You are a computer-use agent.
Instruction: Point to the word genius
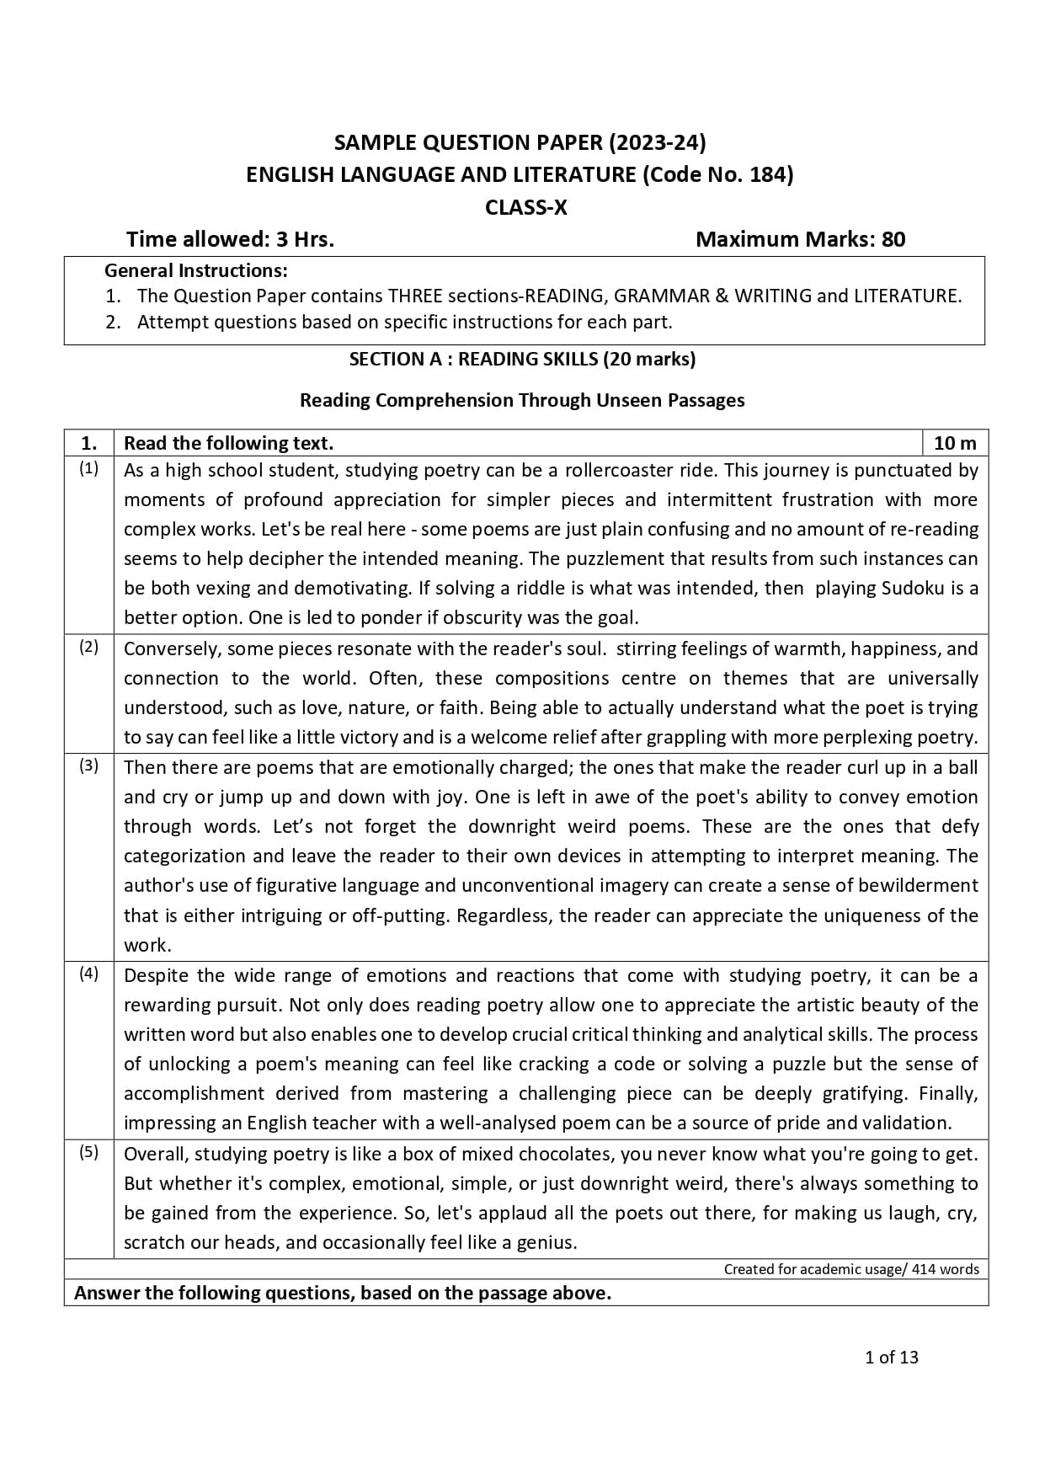coord(547,1242)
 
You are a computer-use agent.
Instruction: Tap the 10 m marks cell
coord(955,443)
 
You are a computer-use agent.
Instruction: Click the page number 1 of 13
coord(892,1358)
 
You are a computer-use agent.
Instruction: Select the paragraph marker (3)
coord(88,766)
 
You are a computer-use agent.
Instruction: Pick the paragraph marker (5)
coord(88,1153)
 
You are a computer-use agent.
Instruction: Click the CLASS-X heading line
coord(525,207)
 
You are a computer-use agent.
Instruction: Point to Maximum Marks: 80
coord(800,240)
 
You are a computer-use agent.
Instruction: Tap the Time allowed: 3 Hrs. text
coord(230,240)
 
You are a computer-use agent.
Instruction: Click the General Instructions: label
coord(195,271)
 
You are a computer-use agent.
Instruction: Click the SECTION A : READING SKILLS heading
coord(522,360)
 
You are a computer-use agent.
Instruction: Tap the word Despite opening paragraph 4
coord(156,975)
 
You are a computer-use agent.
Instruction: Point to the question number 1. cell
coord(88,443)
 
